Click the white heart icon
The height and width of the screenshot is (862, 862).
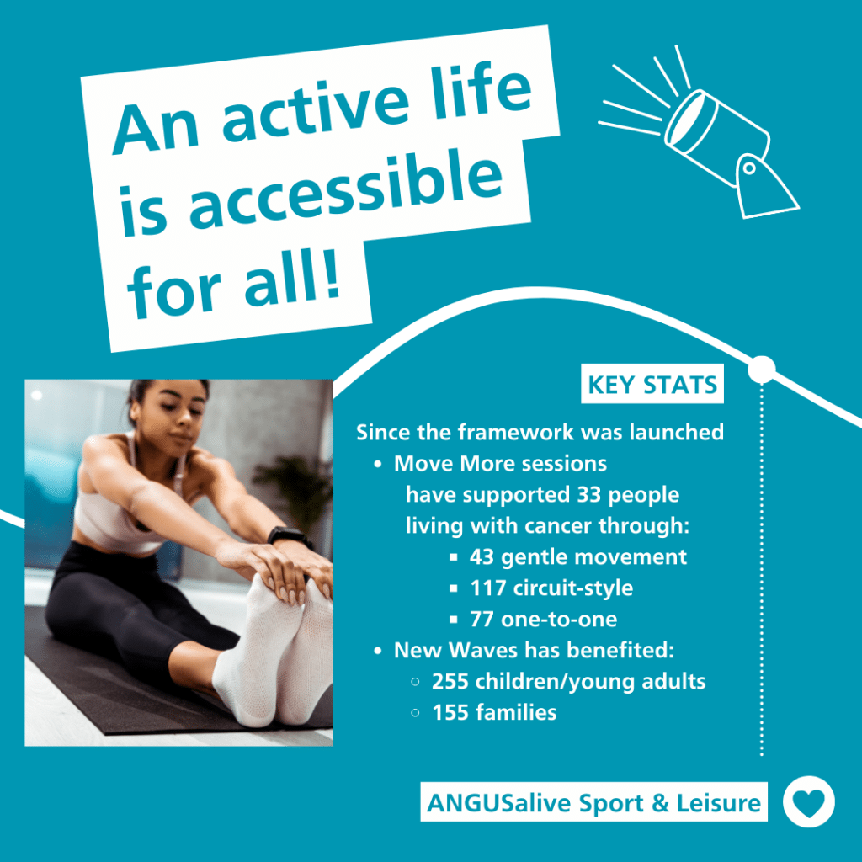point(808,803)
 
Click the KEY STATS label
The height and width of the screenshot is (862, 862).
point(652,386)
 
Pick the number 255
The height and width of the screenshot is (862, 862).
point(450,681)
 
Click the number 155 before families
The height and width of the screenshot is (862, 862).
point(450,712)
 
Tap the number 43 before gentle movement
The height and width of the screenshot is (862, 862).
point(482,556)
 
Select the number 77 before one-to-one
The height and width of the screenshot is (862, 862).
point(482,620)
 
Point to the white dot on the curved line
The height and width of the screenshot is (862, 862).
point(761,369)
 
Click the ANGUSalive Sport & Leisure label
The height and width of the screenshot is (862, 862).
point(593,803)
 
